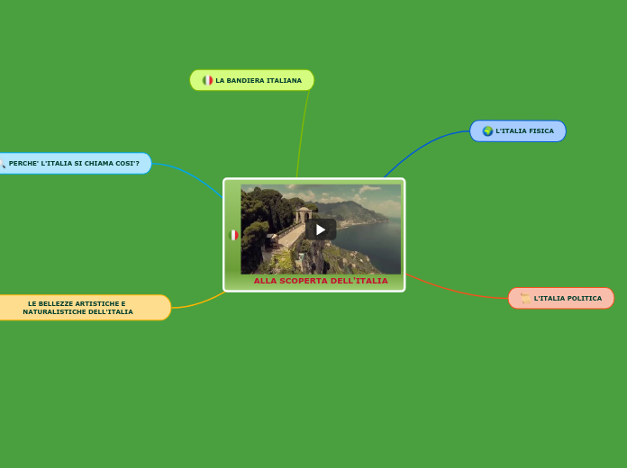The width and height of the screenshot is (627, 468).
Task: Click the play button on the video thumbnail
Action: pos(321,229)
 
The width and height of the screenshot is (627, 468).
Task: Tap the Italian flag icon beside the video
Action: pos(233,235)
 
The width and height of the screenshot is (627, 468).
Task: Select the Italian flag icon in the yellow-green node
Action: pos(207,80)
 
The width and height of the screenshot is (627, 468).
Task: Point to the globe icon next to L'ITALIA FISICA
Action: pos(487,130)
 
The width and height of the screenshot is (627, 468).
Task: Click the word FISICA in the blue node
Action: pos(541,130)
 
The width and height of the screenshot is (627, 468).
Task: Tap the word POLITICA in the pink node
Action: pos(582,298)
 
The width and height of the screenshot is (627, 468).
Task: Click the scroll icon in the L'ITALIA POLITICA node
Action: pos(525,298)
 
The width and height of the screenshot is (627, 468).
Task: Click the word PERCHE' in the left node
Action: pos(23,163)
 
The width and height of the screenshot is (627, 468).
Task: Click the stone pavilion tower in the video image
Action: pos(303,216)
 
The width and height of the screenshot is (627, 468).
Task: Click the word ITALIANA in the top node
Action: pos(284,80)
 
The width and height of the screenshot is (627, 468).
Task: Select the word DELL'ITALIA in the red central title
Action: pos(359,281)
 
